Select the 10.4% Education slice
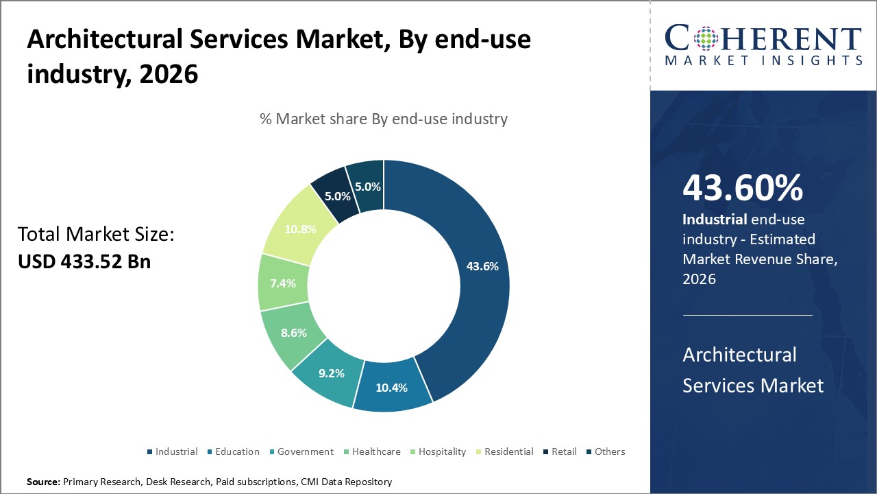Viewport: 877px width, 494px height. pos(392,386)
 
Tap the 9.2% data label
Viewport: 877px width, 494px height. pos(331,373)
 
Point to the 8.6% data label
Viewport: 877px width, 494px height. pos(293,333)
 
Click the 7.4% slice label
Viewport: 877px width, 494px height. pos(282,283)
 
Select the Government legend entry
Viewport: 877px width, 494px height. pos(305,451)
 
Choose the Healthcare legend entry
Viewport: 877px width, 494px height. pos(376,451)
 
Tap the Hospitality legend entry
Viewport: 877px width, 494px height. pos(441,451)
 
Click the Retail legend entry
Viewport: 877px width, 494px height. pos(564,451)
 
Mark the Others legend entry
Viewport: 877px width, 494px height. pos(609,451)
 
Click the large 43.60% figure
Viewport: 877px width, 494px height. pos(742,188)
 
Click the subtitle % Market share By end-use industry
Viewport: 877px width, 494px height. pos(384,119)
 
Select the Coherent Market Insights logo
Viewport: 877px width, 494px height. pos(763,45)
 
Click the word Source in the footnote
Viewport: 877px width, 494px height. pos(43,482)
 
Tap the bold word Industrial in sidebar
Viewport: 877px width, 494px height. pos(714,220)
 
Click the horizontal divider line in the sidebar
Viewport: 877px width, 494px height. pos(748,315)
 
